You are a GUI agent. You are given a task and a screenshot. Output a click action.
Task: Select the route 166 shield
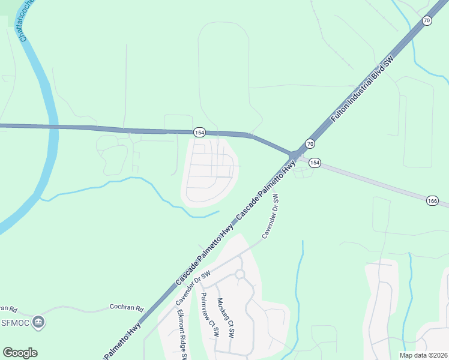coord(433,200)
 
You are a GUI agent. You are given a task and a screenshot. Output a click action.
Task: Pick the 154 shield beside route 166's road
coord(315,163)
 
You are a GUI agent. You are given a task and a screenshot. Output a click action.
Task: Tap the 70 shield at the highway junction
coord(310,143)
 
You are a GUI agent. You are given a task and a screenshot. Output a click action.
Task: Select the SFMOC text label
coord(16,323)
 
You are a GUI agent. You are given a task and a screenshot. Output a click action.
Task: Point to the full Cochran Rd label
coord(127,308)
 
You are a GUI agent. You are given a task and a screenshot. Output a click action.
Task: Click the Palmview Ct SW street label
coord(209,314)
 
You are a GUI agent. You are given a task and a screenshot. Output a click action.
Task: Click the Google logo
coord(20,353)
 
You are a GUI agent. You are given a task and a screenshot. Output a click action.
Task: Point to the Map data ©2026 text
coord(423,355)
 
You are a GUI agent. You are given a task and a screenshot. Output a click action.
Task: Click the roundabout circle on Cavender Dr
coord(240,274)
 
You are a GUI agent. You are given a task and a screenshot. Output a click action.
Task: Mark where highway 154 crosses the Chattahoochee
coord(52,127)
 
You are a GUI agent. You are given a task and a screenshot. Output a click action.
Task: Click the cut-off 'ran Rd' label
coord(7,308)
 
